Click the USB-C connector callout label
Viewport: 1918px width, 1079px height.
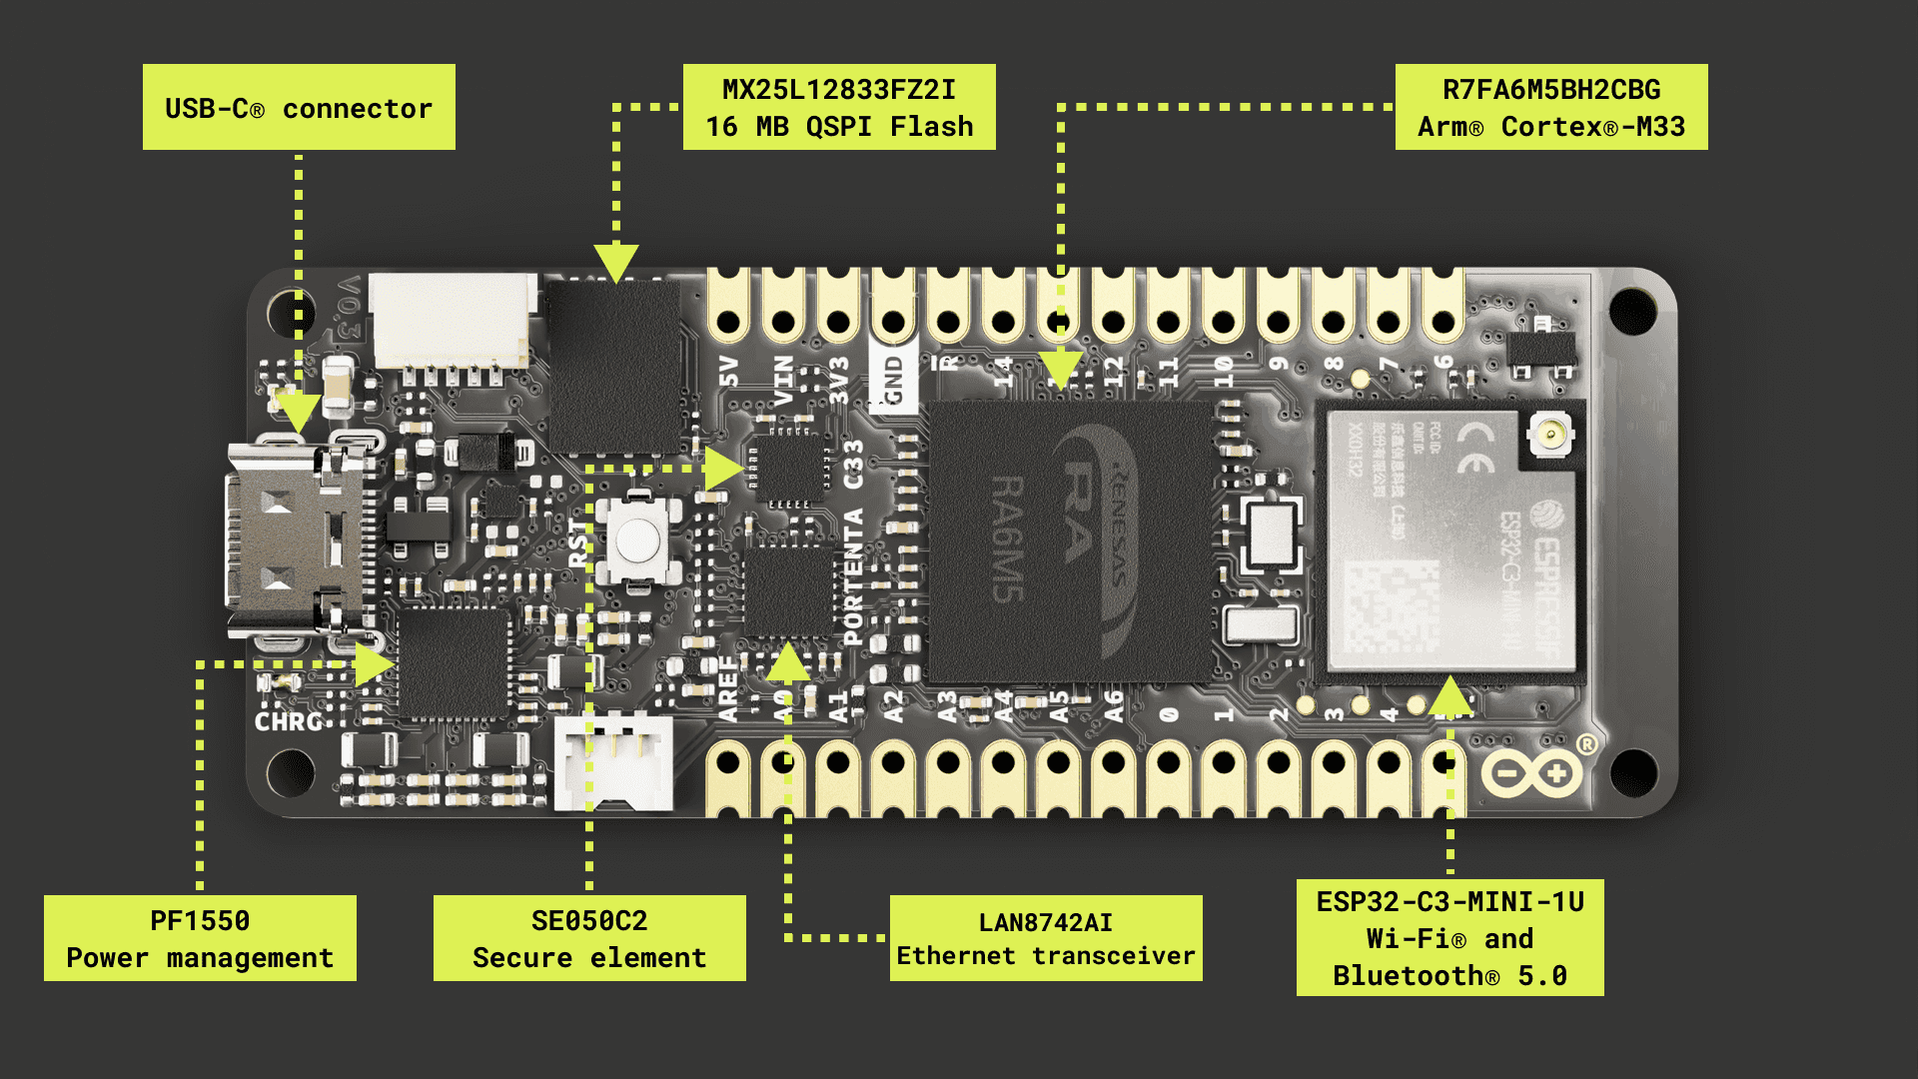click(299, 107)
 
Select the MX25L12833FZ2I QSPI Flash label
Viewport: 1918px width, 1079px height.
click(839, 107)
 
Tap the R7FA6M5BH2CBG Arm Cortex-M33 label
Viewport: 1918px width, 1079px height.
click(1551, 107)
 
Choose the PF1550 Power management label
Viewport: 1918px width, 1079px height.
click(200, 938)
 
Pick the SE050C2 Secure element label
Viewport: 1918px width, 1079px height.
click(589, 938)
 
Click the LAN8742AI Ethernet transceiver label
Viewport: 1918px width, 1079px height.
click(1046, 938)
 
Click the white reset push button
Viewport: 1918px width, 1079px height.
click(636, 540)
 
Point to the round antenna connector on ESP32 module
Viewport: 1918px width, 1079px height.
click(1550, 435)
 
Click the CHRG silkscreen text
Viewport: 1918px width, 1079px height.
click(288, 721)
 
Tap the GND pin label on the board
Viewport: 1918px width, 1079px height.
click(894, 380)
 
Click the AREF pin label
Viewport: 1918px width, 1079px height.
click(728, 689)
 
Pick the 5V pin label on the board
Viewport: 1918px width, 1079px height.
click(729, 372)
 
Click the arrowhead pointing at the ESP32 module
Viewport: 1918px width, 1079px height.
click(1450, 695)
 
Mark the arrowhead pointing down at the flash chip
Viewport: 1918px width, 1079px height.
click(616, 263)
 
